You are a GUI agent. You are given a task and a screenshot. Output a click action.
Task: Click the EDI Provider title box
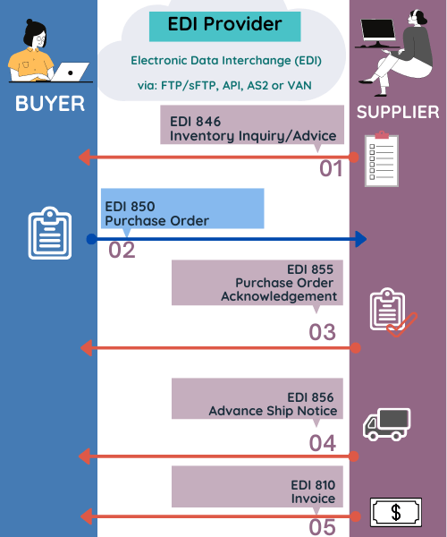tap(224, 26)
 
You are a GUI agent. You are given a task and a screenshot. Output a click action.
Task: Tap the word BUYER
tap(50, 104)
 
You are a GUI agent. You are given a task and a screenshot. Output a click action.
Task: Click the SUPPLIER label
tap(398, 113)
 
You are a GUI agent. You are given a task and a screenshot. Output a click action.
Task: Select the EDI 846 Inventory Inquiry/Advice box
tap(252, 124)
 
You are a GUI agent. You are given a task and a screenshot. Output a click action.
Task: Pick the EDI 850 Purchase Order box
tap(182, 209)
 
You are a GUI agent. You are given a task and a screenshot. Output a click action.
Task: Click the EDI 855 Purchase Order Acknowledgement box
tap(257, 283)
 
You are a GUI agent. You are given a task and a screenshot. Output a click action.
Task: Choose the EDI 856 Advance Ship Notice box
tap(257, 398)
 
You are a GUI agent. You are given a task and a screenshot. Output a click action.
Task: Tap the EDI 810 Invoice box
tap(257, 487)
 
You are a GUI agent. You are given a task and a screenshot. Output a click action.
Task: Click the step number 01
tap(331, 169)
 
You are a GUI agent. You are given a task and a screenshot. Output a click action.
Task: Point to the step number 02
tap(122, 250)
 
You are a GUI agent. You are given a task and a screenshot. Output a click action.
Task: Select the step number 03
tap(322, 332)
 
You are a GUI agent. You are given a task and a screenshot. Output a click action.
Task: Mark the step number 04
tap(323, 443)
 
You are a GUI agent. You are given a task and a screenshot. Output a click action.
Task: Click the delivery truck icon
tap(386, 424)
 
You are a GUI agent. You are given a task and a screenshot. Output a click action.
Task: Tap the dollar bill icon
tap(396, 512)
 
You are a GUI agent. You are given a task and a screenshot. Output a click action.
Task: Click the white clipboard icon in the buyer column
tap(50, 233)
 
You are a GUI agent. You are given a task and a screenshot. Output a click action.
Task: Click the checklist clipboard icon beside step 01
tap(382, 159)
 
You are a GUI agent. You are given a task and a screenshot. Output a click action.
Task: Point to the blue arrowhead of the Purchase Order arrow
tap(361, 239)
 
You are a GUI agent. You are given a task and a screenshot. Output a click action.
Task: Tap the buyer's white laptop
tap(70, 72)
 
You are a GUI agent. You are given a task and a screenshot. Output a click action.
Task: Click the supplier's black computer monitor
tap(378, 31)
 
